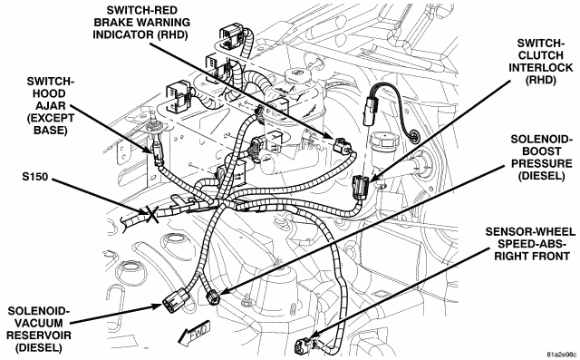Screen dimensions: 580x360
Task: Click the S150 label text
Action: click(x=35, y=177)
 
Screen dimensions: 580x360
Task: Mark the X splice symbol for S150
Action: click(x=152, y=215)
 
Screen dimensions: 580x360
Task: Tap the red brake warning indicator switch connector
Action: click(x=342, y=145)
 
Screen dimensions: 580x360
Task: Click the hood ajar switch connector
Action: click(x=157, y=153)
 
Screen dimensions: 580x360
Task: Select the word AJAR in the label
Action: click(x=51, y=105)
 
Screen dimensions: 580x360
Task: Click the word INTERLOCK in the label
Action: click(x=540, y=68)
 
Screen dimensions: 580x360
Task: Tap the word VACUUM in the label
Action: click(x=39, y=323)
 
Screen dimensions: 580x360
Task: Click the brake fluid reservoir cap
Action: click(x=299, y=75)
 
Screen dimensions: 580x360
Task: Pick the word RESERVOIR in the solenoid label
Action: click(x=39, y=336)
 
